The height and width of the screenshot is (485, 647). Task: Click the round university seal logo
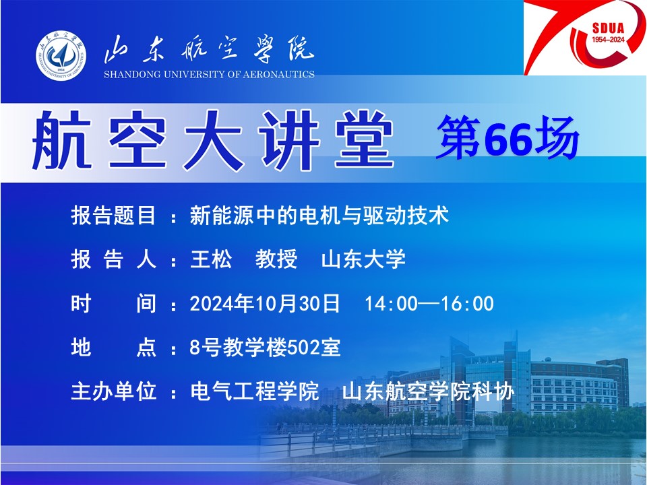(61, 55)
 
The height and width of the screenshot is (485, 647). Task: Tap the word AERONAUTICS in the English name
(278, 75)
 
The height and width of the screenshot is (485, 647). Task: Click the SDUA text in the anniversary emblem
(608, 28)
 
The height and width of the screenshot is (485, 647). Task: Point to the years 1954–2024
(608, 40)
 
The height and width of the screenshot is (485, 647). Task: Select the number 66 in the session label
(507, 138)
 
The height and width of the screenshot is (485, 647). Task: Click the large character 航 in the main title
(62, 140)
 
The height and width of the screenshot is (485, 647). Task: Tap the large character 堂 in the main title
(364, 140)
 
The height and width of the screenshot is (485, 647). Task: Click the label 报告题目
(113, 216)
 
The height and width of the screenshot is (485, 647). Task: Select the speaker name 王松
(211, 259)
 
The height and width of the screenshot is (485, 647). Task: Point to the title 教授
(276, 259)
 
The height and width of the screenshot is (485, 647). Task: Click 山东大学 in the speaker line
(363, 259)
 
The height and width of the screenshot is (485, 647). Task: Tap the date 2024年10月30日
(264, 304)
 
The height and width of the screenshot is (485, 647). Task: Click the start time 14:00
(391, 304)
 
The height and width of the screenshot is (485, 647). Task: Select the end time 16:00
(468, 304)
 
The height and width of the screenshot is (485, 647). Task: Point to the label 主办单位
(113, 391)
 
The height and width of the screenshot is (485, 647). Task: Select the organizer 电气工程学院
(255, 391)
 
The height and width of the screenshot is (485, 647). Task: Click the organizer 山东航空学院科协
(429, 391)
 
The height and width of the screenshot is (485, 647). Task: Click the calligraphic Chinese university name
(209, 49)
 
